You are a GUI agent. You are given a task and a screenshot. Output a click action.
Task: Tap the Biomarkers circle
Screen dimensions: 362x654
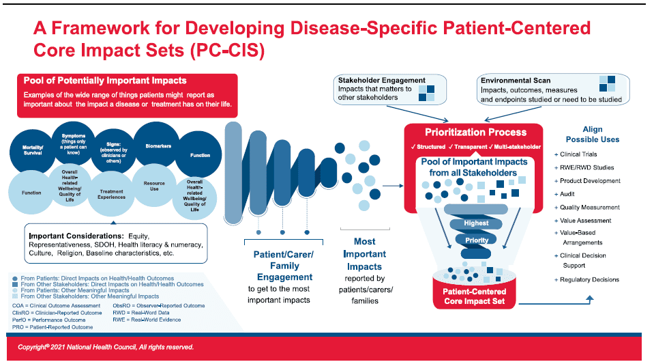[x=156, y=145]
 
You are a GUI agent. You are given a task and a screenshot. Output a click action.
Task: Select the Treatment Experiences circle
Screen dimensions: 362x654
[x=111, y=194]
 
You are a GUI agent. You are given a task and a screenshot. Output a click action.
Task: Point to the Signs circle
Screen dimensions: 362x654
[x=112, y=148]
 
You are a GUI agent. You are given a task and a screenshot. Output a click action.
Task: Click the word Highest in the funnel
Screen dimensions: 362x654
[x=476, y=223]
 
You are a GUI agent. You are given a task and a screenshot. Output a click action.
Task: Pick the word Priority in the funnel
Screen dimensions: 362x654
[x=477, y=240]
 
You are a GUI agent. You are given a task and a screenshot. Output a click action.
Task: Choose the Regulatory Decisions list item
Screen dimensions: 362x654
[x=589, y=279]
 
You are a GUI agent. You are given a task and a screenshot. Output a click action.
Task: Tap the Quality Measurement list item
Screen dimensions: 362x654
[x=590, y=207]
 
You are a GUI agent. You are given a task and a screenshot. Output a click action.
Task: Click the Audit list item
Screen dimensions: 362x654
[x=569, y=194]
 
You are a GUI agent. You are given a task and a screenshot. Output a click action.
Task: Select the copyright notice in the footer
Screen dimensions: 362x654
[x=106, y=347]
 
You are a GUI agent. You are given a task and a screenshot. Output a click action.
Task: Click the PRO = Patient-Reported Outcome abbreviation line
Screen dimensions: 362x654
[x=54, y=327]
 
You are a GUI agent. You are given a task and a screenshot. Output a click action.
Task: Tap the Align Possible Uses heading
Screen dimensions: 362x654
[x=592, y=135]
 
